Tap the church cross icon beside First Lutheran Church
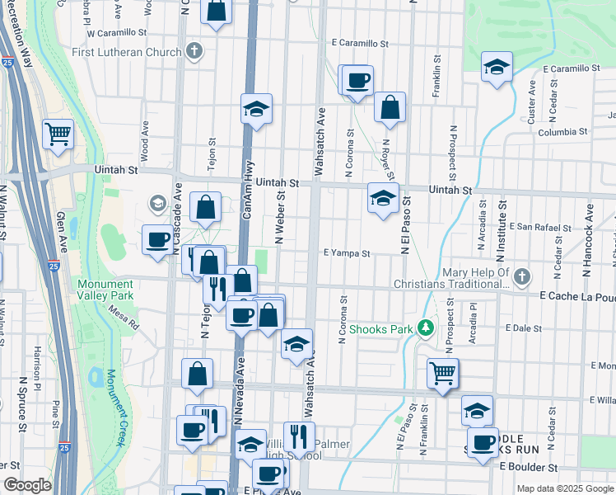pos(194,52)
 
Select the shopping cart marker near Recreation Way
pos(58,134)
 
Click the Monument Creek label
pos(114,417)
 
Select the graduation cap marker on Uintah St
pos(383,199)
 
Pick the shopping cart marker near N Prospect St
pos(443,373)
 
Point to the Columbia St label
pos(562,132)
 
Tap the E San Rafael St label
pos(540,227)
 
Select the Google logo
pos(27,485)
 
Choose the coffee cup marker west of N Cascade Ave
pos(157,240)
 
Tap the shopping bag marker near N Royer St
pos(390,108)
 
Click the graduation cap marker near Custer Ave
pos(497,67)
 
